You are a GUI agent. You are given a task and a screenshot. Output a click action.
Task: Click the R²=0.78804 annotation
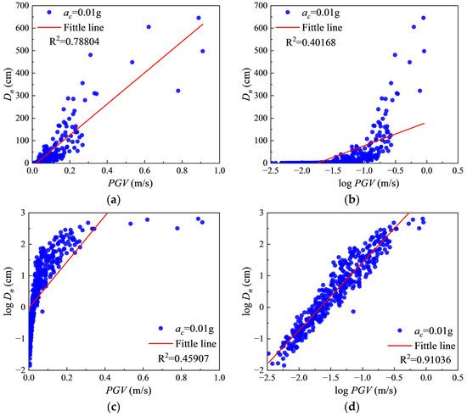74,42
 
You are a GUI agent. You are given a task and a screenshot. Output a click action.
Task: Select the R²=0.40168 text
311,42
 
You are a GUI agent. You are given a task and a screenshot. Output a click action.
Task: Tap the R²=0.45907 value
183,358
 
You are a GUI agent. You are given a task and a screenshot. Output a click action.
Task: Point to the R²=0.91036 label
425,359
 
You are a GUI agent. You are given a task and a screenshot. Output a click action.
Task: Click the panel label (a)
114,199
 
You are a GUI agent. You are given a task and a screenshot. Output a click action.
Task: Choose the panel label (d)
352,406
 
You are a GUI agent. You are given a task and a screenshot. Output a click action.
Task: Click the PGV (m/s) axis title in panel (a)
130,183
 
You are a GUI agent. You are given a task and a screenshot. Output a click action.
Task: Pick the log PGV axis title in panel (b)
369,183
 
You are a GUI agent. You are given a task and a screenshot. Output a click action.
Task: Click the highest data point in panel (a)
199,18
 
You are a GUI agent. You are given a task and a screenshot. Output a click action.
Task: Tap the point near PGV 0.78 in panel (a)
178,91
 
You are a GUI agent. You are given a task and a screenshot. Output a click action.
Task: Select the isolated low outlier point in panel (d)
353,312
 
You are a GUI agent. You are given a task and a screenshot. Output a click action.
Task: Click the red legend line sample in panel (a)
49,27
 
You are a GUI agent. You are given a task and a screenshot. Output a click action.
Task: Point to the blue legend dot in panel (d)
400,330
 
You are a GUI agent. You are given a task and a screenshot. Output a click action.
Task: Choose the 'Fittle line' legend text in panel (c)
195,343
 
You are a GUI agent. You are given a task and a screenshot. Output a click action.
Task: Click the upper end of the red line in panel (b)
424,124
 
